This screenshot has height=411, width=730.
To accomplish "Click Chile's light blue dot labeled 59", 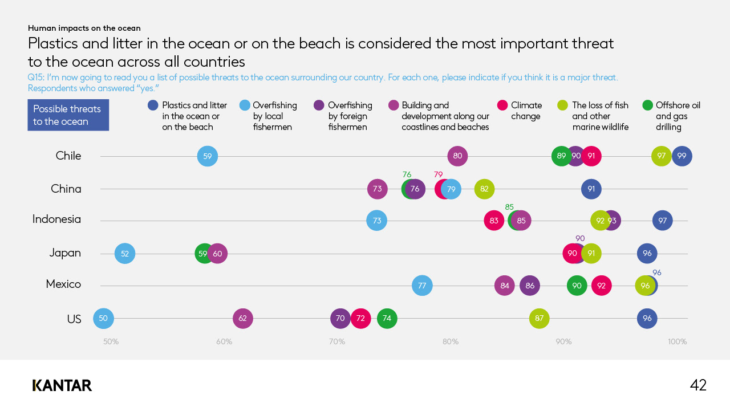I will point(208,156).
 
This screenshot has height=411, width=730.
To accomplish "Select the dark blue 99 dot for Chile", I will point(682,156).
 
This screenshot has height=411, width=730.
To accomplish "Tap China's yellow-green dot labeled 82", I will point(484,189).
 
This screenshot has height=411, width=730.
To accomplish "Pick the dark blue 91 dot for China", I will point(591,189).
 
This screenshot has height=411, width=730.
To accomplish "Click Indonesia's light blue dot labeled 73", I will point(377,221).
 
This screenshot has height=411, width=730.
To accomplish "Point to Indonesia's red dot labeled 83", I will point(494,221).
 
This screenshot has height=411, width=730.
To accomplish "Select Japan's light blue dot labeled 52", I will point(125,254).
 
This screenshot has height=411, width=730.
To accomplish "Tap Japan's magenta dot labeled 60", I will point(218,254).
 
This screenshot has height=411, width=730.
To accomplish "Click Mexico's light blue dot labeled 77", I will point(422,286).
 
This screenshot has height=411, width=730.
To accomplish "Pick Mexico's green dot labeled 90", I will point(577,286).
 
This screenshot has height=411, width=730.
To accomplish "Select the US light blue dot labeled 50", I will point(103,318).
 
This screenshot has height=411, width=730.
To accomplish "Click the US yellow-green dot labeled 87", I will point(540,318).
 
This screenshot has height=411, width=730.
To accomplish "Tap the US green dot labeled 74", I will point(387,318).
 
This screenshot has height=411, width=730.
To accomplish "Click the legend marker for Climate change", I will point(502,105).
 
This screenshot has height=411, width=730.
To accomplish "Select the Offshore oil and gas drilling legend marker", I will point(647,105).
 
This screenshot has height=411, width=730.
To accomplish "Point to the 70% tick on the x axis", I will point(337,342).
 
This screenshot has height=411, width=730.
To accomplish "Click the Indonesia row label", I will point(56,219).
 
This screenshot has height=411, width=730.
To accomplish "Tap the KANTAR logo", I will point(62,386).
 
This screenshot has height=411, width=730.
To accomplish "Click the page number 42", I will point(698,385).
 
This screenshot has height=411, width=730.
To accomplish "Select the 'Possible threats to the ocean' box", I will point(68,115).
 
